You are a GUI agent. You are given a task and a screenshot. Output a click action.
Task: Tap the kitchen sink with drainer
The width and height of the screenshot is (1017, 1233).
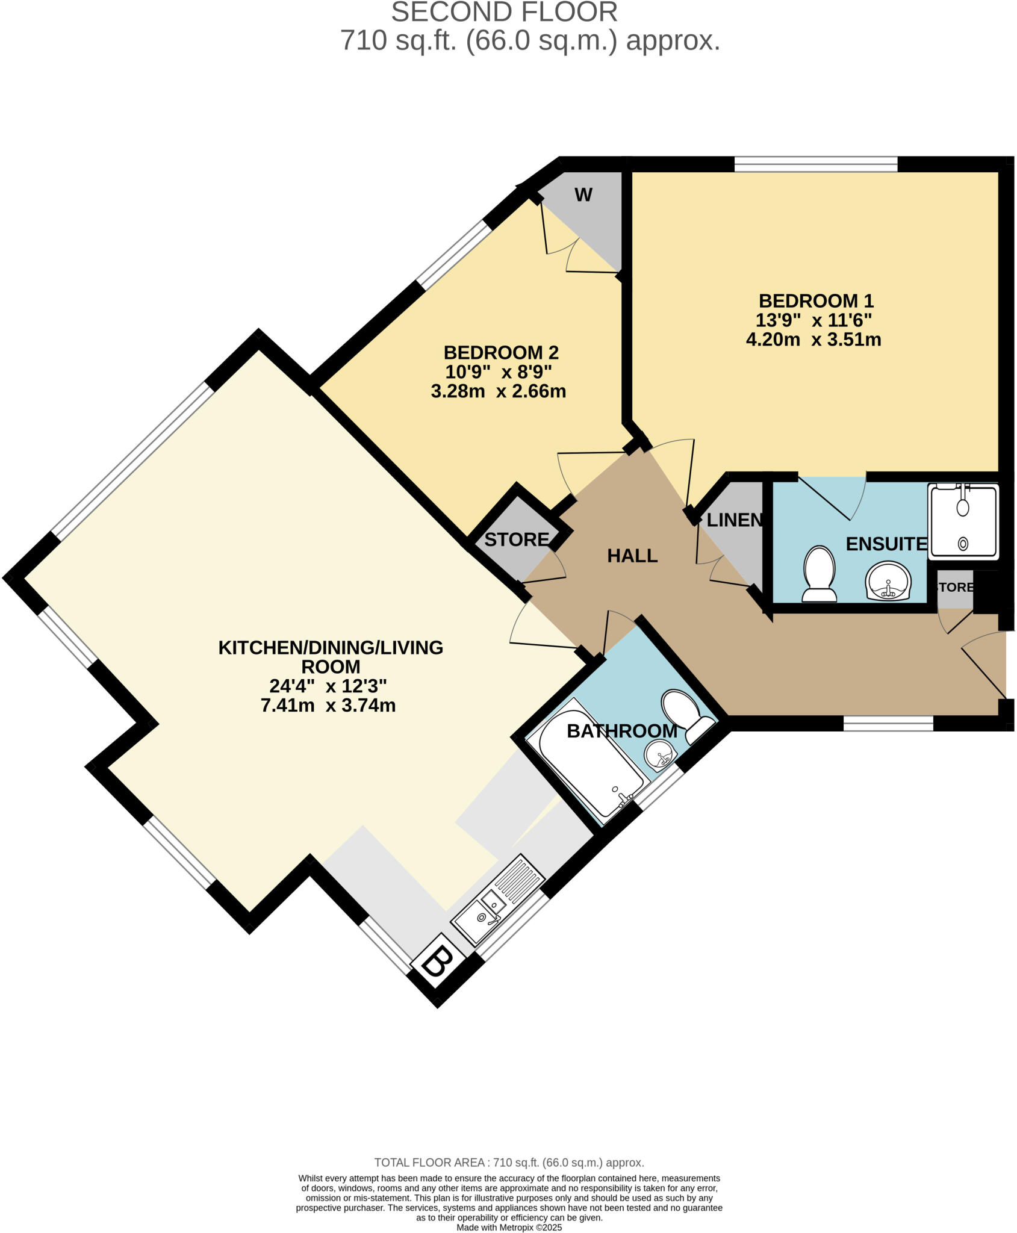497,899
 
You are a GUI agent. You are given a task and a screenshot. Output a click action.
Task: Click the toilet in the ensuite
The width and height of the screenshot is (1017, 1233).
819,573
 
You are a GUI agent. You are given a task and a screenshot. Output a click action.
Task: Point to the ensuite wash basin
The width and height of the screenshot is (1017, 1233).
888,582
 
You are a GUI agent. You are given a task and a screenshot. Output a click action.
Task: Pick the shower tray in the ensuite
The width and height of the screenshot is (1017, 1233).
963,521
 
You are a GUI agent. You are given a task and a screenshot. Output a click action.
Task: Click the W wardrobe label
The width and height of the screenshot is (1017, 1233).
583,194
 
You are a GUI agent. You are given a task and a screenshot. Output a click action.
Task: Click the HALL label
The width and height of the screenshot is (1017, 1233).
632,556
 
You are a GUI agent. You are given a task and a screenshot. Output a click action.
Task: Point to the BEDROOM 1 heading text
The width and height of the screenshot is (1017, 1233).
815,300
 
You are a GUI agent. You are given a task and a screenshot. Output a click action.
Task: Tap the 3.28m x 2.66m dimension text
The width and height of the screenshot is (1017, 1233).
498,391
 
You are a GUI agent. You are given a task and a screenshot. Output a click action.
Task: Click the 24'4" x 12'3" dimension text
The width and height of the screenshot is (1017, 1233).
328,686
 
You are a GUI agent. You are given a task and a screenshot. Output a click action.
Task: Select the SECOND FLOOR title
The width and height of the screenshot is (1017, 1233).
504,12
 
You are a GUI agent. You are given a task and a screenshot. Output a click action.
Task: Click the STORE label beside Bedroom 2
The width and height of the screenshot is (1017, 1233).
517,539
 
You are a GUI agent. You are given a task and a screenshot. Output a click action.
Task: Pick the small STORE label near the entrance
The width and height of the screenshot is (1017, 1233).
956,587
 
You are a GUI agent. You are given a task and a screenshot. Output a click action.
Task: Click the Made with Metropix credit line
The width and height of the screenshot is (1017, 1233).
509,1227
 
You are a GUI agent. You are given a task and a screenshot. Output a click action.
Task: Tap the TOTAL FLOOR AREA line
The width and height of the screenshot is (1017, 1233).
509,1163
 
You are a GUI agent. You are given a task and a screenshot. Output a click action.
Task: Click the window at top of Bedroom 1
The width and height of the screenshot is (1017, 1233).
815,164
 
